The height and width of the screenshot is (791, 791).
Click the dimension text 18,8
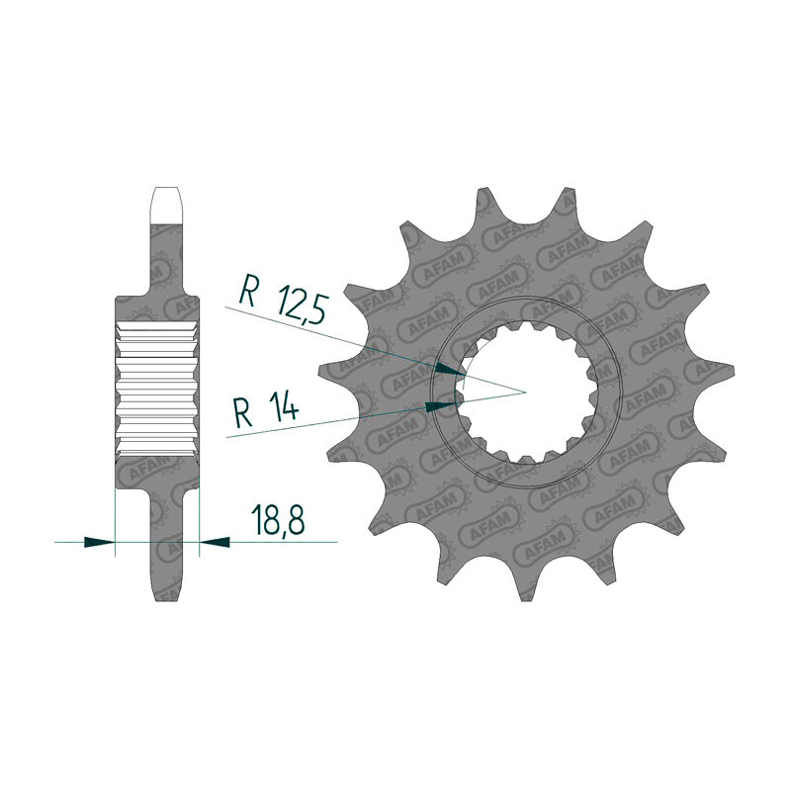[280, 518]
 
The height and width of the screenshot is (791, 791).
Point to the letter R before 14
[243, 412]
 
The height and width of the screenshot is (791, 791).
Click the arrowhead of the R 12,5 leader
[450, 369]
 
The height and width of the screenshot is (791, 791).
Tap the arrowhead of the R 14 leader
[440, 406]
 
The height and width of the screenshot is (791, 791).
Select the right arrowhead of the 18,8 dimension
[215, 542]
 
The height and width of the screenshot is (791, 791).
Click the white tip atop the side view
[166, 205]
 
